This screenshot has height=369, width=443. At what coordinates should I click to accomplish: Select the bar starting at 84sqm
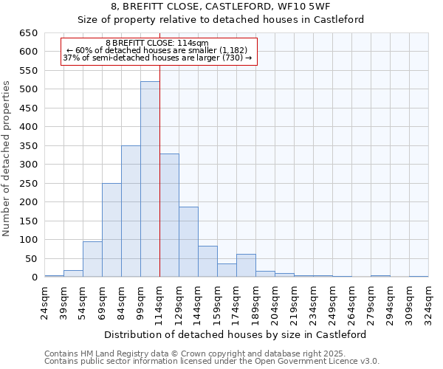(131, 211)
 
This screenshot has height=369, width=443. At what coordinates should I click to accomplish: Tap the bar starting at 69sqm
(111, 230)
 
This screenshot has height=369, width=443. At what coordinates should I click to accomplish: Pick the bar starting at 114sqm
(169, 215)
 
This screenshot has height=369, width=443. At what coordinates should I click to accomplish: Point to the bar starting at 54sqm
(92, 259)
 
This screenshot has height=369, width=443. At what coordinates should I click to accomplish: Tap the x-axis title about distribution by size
(236, 334)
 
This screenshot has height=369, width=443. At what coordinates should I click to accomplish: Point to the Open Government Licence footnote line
(212, 361)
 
